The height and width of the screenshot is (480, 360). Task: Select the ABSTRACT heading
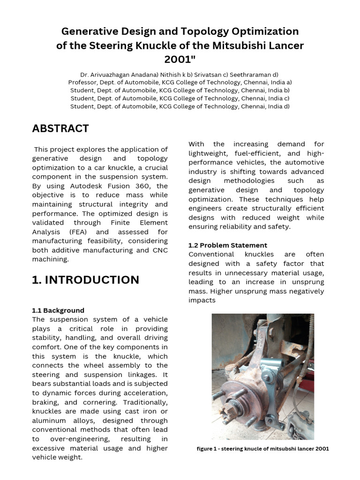point(60,128)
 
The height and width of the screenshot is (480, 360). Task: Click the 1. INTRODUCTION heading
point(85,280)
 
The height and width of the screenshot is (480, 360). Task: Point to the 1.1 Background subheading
point(58,310)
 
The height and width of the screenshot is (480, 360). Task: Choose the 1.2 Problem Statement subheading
point(227,245)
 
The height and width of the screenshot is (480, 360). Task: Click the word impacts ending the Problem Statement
point(202,300)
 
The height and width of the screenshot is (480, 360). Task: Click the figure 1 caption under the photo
point(262,449)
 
